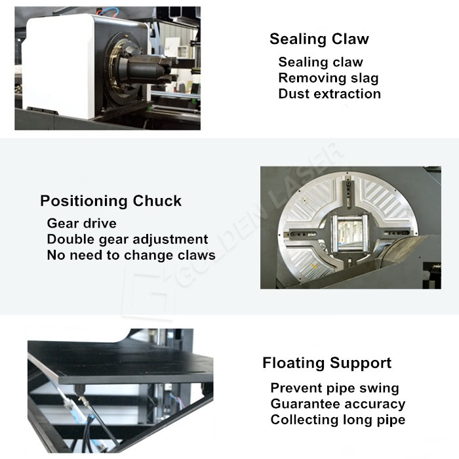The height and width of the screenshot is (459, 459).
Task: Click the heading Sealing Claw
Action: click(x=319, y=39)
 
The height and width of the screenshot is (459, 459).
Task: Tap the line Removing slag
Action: click(x=328, y=78)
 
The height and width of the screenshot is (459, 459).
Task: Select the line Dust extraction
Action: click(x=329, y=94)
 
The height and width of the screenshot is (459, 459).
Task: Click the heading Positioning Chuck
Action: click(x=111, y=201)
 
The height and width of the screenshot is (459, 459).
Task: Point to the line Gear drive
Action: click(x=81, y=224)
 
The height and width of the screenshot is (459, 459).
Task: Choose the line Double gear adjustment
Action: click(x=127, y=239)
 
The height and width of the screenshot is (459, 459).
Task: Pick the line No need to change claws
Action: click(x=131, y=255)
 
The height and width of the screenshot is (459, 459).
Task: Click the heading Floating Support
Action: click(x=327, y=363)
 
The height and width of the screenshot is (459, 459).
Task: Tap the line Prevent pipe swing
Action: click(x=334, y=388)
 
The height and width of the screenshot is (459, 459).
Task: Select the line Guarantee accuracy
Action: click(x=338, y=404)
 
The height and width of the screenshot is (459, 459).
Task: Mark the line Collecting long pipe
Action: click(x=338, y=420)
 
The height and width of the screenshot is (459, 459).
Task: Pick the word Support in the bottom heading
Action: click(x=361, y=363)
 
